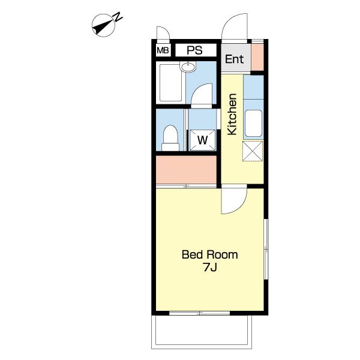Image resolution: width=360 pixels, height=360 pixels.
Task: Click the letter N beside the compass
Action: (118, 17)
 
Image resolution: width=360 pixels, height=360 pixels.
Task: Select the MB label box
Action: (163, 50)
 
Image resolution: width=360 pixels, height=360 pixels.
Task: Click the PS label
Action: (194, 50)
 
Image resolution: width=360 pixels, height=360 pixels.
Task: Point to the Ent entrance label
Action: (234, 59)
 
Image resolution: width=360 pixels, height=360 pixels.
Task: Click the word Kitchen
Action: (232, 114)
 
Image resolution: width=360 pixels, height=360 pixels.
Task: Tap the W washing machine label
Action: (203, 140)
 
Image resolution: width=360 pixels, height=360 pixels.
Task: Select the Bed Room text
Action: (209, 254)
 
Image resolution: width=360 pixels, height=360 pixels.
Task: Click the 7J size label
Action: (210, 267)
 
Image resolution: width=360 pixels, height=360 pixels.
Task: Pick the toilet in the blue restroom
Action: (170, 138)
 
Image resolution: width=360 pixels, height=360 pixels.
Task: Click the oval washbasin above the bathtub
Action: (188, 67)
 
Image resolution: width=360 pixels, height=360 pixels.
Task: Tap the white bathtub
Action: (170, 83)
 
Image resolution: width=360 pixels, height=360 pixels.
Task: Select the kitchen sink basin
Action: (253, 123)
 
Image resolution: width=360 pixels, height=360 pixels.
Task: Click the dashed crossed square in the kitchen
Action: (253, 151)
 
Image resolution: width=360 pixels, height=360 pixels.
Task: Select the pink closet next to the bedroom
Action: (186, 170)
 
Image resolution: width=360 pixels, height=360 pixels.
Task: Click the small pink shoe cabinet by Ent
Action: (257, 57)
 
